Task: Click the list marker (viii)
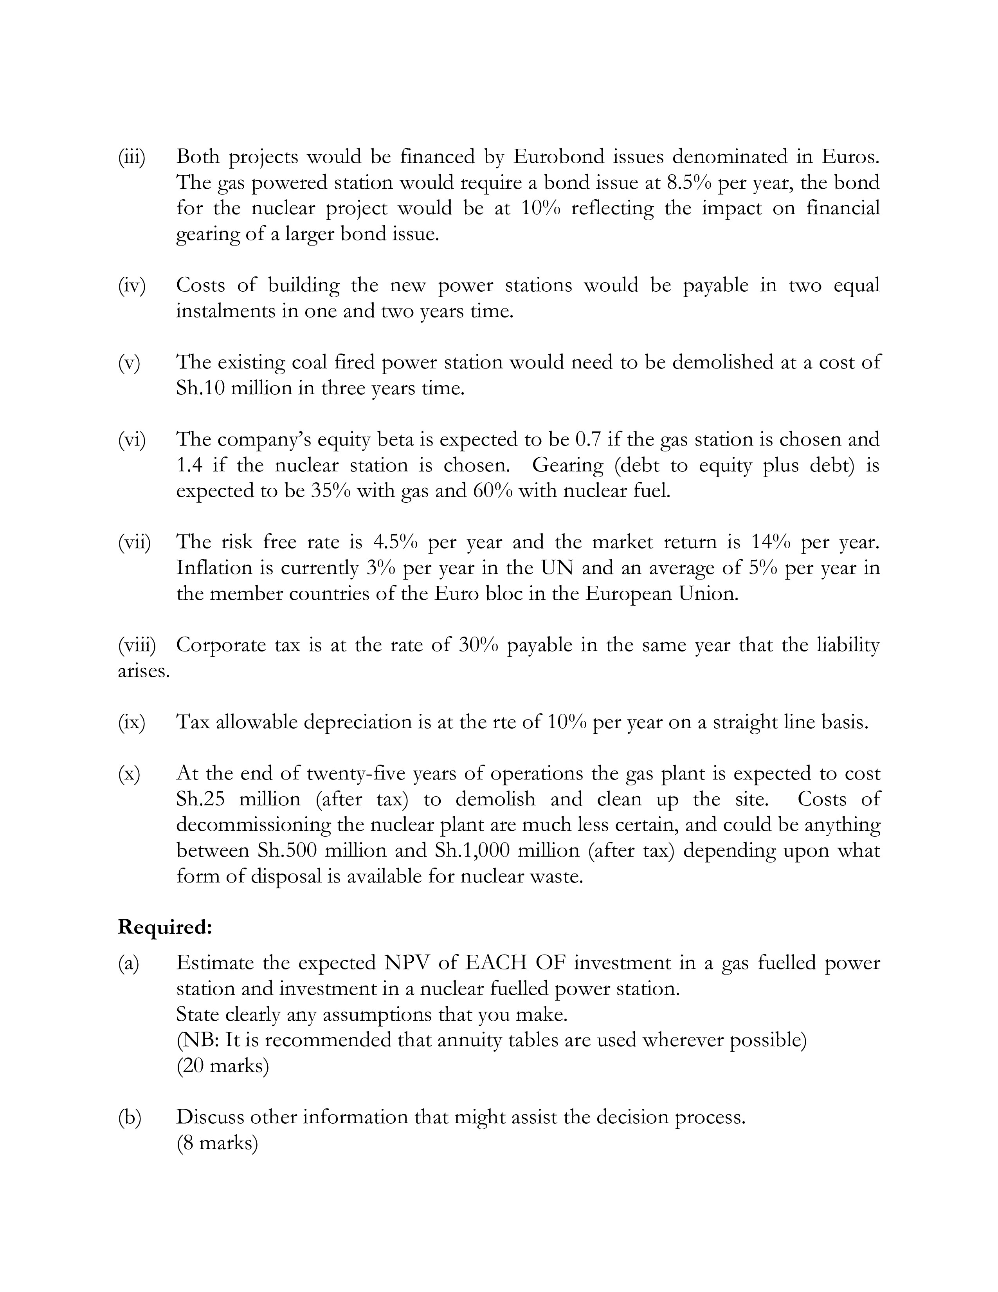click(137, 645)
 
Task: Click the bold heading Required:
click(165, 927)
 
